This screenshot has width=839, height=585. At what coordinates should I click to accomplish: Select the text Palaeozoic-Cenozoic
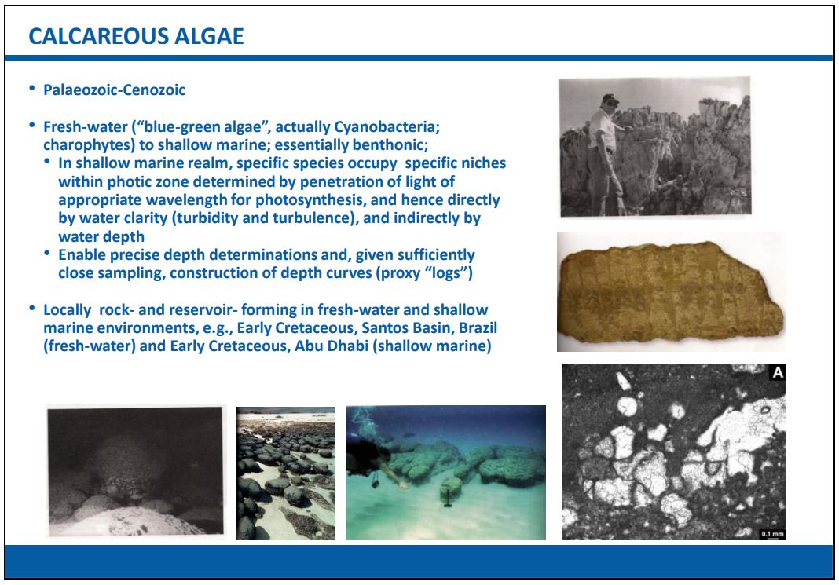[x=115, y=90]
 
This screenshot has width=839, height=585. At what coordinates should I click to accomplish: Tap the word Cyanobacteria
[x=386, y=126]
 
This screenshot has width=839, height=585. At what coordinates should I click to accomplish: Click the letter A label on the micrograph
[x=778, y=372]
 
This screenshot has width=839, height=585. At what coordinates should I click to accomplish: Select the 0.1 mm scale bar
[x=773, y=537]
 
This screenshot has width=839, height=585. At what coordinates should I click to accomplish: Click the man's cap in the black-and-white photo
[x=609, y=99]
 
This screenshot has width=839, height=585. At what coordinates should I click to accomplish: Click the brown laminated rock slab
[x=669, y=291]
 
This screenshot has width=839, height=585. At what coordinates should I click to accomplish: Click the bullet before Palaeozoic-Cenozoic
[x=33, y=88]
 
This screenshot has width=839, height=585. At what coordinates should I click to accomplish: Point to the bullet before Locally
[x=33, y=308]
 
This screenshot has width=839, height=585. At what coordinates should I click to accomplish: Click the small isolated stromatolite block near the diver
[x=451, y=487]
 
